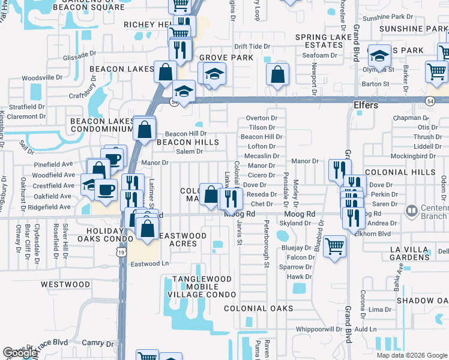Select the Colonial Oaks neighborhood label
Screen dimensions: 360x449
pyautogui.click(x=259, y=308)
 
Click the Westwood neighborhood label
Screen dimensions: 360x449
pyautogui.click(x=65, y=284)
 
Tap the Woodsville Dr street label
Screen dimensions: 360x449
pyautogui.click(x=42, y=78)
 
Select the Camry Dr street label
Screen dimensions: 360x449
pyautogui.click(x=93, y=343)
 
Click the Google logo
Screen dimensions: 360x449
pyautogui.click(x=20, y=353)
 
